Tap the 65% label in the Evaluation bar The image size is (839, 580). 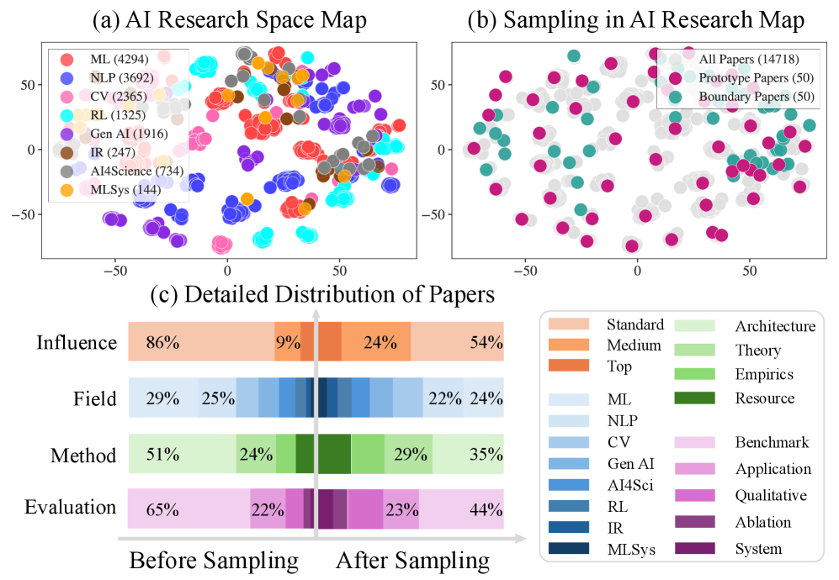pyautogui.click(x=162, y=509)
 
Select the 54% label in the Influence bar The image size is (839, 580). pyautogui.click(x=486, y=342)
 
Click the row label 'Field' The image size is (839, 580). pyautogui.click(x=95, y=398)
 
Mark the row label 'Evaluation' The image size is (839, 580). pyautogui.click(x=71, y=508)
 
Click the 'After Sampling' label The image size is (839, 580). pyautogui.click(x=412, y=561)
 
